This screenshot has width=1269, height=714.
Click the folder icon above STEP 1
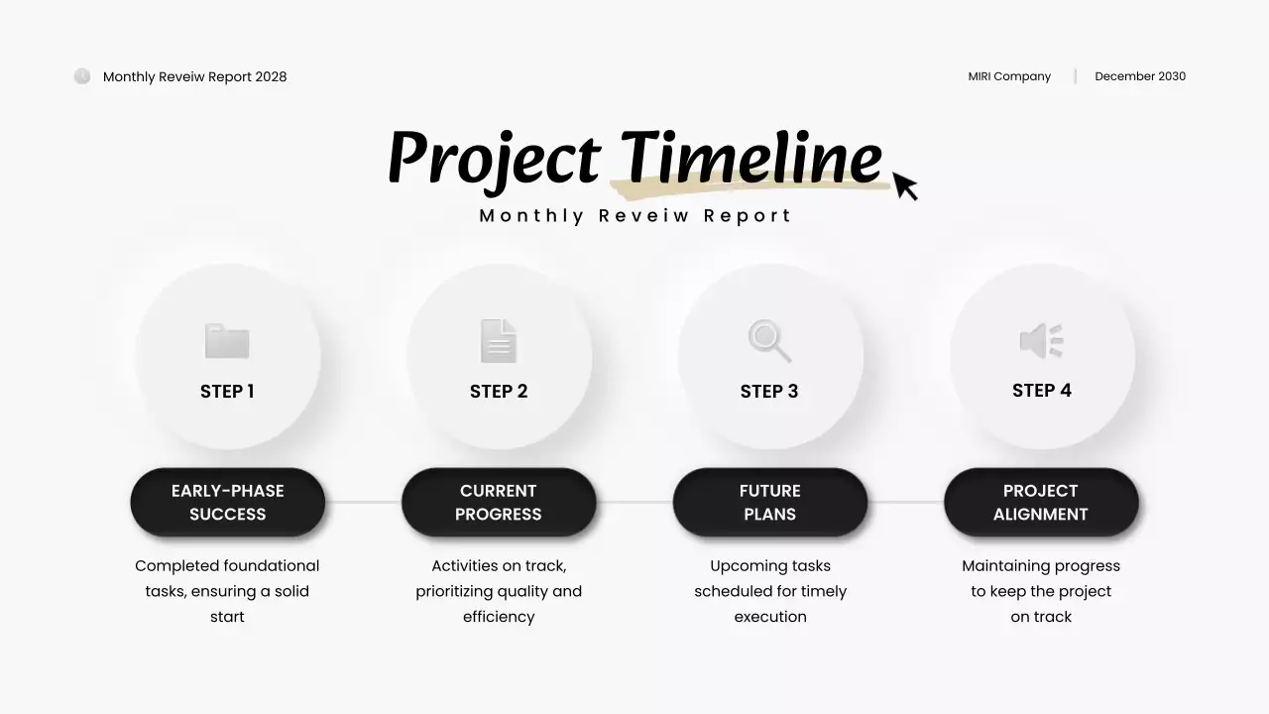click(x=227, y=341)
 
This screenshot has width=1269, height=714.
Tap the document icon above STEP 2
click(x=499, y=340)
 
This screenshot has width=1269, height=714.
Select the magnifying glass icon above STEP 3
click(x=769, y=340)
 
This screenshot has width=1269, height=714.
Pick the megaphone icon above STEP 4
click(x=1041, y=340)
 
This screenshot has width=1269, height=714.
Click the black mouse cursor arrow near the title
click(x=904, y=184)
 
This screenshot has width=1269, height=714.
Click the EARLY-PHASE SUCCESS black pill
click(x=228, y=503)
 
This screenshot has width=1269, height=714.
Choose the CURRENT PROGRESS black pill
click(x=499, y=503)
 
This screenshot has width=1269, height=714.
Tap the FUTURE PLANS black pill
click(x=770, y=503)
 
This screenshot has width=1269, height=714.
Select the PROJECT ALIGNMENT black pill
click(x=1041, y=503)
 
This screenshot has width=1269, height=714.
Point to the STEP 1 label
click(x=227, y=392)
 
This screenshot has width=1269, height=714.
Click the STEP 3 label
click(x=769, y=392)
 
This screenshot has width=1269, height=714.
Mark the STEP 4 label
click(x=1041, y=391)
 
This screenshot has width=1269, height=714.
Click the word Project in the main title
click(x=493, y=159)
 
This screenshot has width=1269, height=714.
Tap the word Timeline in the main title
click(x=751, y=159)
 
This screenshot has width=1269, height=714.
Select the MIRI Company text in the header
click(x=1009, y=76)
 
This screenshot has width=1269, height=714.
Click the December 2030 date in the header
click(x=1140, y=76)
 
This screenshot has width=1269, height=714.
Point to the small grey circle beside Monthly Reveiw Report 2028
click(x=82, y=76)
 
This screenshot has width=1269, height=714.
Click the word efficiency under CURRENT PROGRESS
click(x=499, y=617)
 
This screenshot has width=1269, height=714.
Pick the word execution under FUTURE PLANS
click(x=770, y=617)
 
